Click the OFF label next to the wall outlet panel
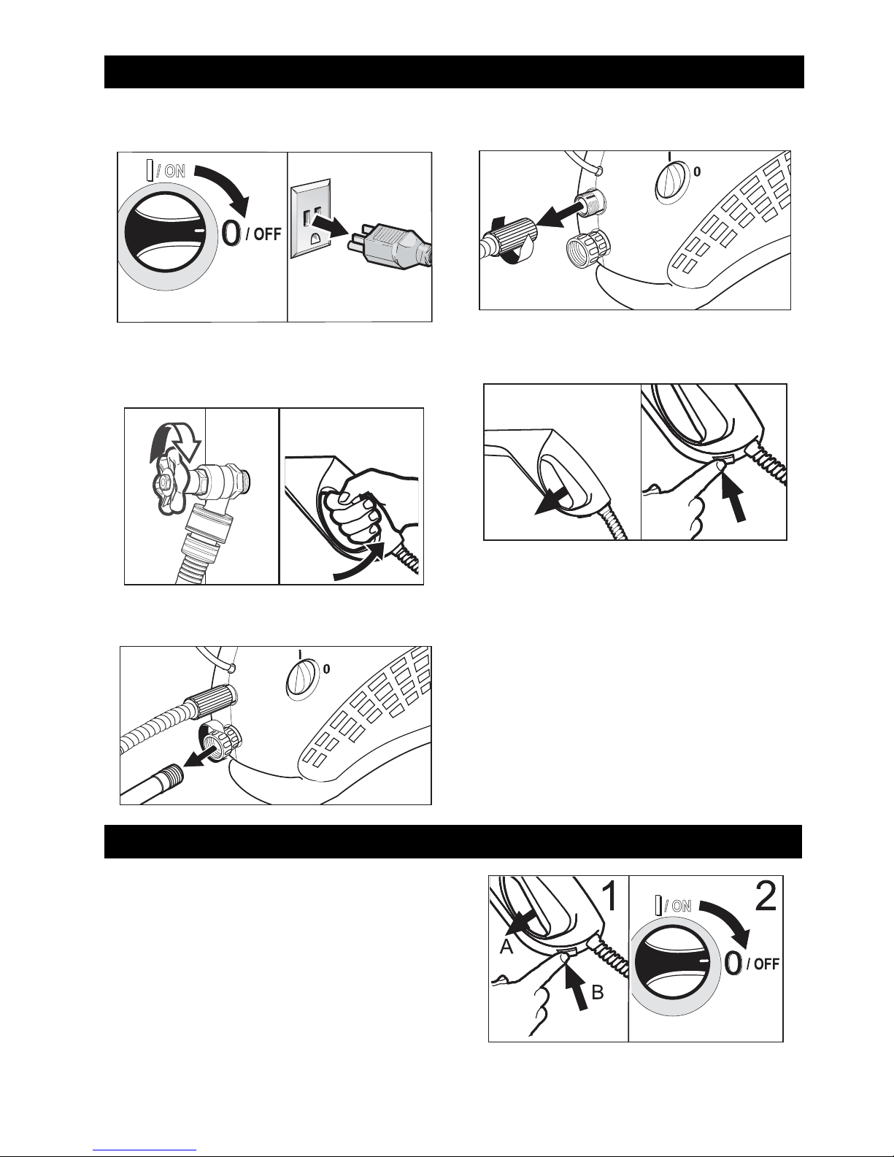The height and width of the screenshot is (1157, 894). (x=263, y=234)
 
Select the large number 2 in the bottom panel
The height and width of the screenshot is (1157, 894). (x=766, y=896)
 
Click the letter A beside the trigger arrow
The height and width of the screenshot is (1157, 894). (x=506, y=947)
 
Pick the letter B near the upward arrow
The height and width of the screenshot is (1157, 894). (x=598, y=991)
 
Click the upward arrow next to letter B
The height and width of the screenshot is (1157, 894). (x=578, y=988)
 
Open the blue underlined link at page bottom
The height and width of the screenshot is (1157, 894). (x=144, y=1150)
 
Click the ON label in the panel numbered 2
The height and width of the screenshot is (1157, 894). (x=679, y=906)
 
